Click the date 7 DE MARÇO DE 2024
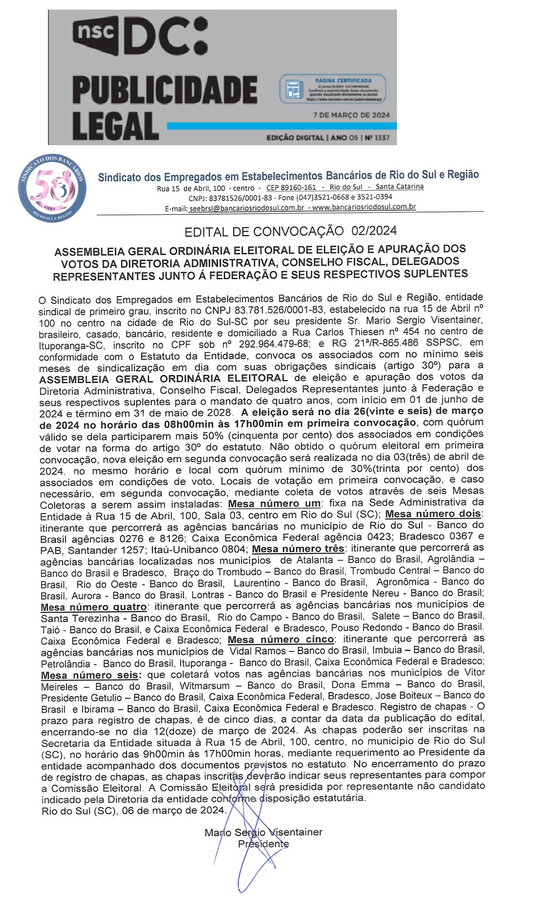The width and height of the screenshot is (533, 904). (x=351, y=115)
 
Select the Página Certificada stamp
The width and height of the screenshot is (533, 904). (x=333, y=89)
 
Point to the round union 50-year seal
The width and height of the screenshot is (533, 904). (x=53, y=188)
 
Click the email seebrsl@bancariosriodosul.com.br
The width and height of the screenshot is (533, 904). (x=247, y=208)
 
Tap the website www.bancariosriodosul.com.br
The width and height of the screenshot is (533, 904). (x=364, y=207)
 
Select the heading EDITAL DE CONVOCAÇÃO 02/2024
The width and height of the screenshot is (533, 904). (x=290, y=231)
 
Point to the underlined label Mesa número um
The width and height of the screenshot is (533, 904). (x=274, y=503)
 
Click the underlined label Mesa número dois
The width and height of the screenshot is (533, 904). (x=434, y=514)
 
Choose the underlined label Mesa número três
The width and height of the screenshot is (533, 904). (x=298, y=549)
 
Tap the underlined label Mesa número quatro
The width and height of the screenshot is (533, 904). (x=94, y=607)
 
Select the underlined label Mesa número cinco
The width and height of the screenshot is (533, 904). (x=281, y=640)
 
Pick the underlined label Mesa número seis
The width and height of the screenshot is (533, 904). (x=90, y=675)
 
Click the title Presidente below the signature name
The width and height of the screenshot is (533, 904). (x=263, y=844)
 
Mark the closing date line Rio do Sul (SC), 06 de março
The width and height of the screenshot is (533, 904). (x=133, y=810)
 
